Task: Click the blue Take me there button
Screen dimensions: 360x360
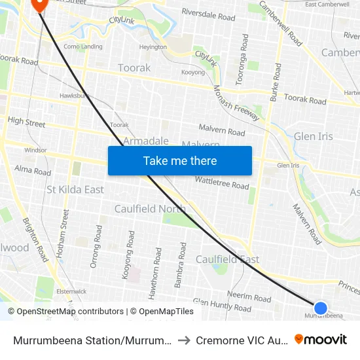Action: (180, 160)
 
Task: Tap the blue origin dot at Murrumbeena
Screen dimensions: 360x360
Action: (320, 308)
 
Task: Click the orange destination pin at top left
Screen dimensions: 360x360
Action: (39, 3)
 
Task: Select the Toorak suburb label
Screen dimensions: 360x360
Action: (134, 68)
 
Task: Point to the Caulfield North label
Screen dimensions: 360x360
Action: (150, 209)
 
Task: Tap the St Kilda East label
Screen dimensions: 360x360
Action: (75, 190)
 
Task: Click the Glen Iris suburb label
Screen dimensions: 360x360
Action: (314, 136)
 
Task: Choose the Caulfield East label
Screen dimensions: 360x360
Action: (228, 259)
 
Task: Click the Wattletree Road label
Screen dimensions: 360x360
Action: (222, 183)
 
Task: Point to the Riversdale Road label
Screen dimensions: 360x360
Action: (208, 15)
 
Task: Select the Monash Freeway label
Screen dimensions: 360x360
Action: (237, 104)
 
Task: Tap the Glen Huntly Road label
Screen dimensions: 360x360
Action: (222, 306)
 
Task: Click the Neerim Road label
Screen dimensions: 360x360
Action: (249, 297)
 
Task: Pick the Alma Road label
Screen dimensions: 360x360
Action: (33, 171)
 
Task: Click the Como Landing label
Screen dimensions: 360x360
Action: (82, 46)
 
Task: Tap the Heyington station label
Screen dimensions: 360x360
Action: (153, 47)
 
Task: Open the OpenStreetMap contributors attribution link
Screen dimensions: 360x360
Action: (67, 312)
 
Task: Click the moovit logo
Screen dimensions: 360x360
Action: (321, 339)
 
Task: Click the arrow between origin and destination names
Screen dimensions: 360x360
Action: (185, 340)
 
